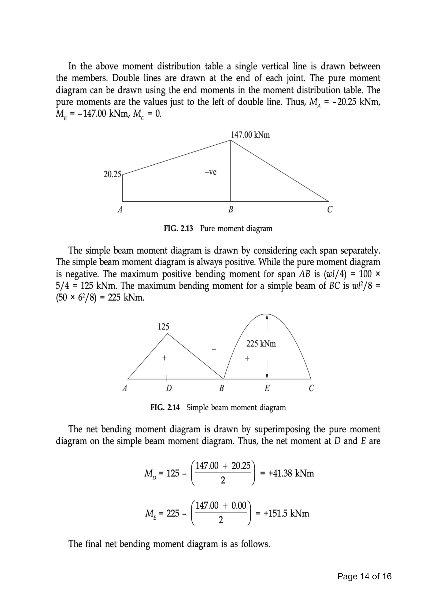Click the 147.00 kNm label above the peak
click(250, 135)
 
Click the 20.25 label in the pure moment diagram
click(112, 174)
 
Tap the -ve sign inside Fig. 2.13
click(210, 172)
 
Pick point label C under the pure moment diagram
click(330, 210)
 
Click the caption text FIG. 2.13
click(178, 228)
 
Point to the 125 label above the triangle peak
click(163, 326)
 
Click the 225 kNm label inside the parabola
click(261, 344)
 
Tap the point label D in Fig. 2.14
click(169, 388)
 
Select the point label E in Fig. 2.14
click(267, 388)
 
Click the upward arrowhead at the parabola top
click(267, 316)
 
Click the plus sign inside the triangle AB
click(164, 358)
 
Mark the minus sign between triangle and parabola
click(214, 349)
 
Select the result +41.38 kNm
click(291, 473)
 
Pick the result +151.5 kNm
click(286, 513)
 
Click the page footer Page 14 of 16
click(364, 576)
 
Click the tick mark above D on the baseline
click(167, 378)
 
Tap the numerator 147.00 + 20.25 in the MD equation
click(223, 466)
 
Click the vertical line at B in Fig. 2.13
click(231, 171)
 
